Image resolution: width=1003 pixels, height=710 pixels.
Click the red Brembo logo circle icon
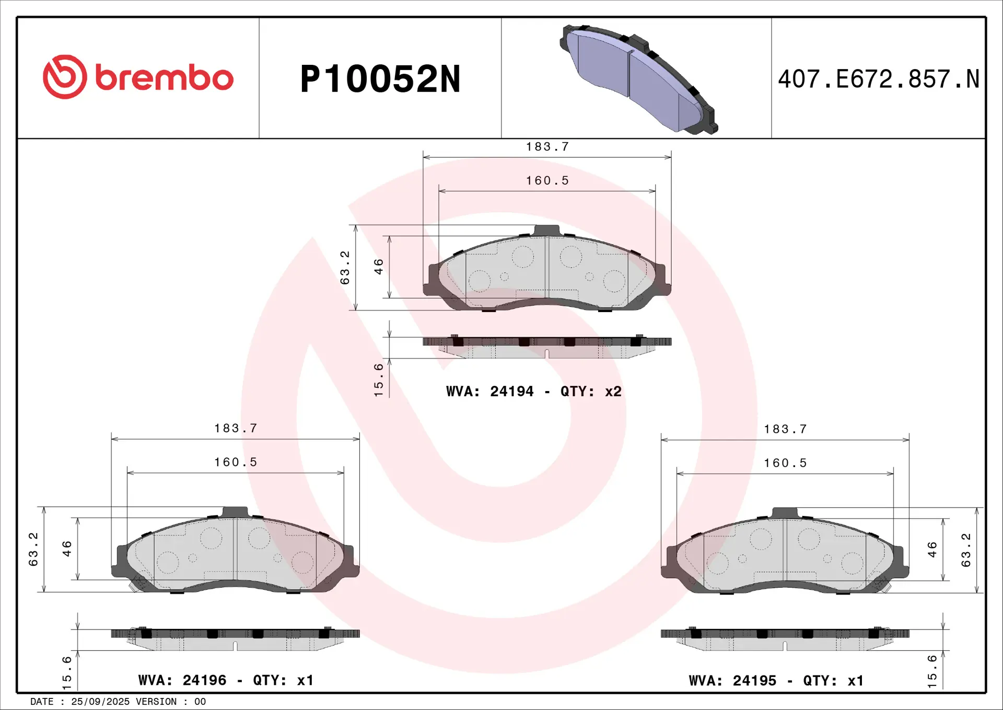(x=65, y=77)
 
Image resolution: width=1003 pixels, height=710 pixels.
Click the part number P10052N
(x=380, y=79)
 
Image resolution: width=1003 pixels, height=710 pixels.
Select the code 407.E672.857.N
(x=879, y=79)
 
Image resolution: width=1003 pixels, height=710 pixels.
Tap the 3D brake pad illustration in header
(x=638, y=79)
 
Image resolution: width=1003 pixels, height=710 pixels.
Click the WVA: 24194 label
(x=489, y=391)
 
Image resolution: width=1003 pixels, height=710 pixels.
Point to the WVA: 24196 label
(x=182, y=680)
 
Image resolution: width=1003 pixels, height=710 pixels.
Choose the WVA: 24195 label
(x=732, y=681)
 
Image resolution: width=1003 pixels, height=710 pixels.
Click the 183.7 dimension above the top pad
(x=547, y=147)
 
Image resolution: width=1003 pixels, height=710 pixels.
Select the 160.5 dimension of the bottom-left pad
(x=236, y=462)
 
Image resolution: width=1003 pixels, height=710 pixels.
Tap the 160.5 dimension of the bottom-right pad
(x=785, y=463)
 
